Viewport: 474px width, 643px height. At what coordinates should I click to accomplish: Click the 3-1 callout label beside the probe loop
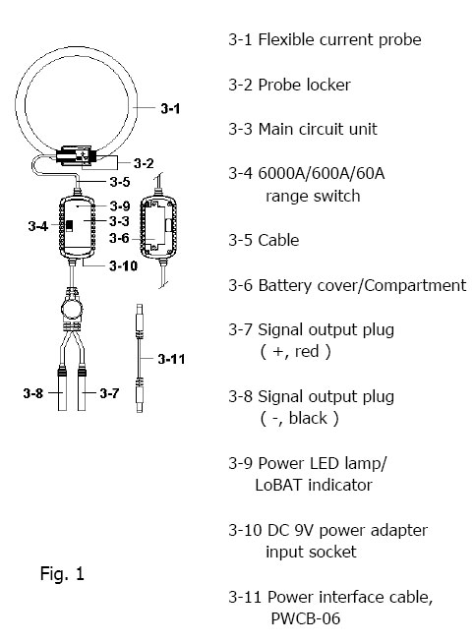click(170, 109)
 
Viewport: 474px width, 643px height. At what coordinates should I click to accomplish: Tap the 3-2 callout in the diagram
click(144, 163)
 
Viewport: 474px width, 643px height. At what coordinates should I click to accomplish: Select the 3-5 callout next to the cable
click(120, 181)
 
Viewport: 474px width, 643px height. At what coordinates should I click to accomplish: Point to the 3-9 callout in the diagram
click(120, 205)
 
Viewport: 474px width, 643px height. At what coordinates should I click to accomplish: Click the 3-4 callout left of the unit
click(38, 226)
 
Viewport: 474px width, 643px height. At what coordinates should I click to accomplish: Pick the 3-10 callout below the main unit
click(124, 265)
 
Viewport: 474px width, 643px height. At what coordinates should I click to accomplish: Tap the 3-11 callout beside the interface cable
click(171, 359)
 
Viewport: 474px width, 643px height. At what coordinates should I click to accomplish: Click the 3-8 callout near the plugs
click(33, 393)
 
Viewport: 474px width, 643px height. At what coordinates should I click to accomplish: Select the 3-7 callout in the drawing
click(109, 393)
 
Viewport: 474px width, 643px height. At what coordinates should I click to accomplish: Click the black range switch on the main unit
click(69, 225)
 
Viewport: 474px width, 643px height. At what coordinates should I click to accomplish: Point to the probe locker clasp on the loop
click(76, 155)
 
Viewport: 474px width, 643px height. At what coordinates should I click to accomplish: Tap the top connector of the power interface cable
click(140, 315)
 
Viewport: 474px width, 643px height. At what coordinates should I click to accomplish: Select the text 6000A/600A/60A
click(322, 173)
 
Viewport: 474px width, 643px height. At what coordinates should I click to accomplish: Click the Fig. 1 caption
click(62, 573)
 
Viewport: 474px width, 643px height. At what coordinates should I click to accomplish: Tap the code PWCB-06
click(306, 618)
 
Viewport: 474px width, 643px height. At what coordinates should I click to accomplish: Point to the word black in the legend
click(308, 418)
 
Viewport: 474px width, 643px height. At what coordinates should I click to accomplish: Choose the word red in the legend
click(307, 351)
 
